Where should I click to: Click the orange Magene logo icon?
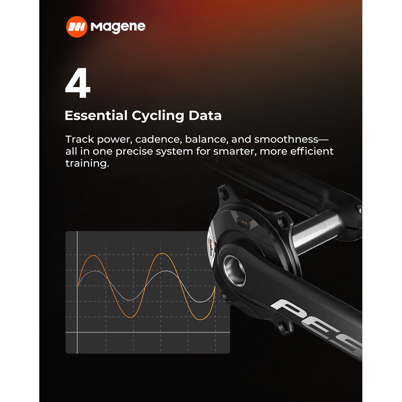tap(76, 27)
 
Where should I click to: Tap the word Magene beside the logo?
tap(118, 27)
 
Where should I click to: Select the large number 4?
tap(78, 84)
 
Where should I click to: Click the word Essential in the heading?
tap(96, 116)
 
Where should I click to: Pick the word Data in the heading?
tap(205, 116)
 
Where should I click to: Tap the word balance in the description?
tap(206, 139)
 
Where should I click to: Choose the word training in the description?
tap(86, 163)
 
